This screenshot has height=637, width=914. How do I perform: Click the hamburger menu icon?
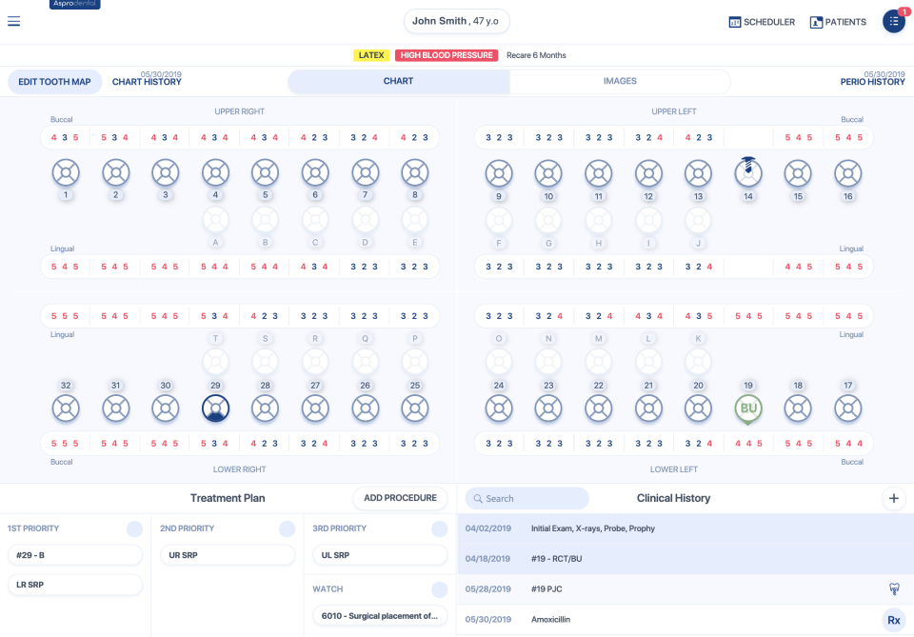pyautogui.click(x=13, y=21)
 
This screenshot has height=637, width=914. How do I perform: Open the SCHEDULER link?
pyautogui.click(x=762, y=22)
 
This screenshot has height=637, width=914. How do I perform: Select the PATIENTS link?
pyautogui.click(x=838, y=22)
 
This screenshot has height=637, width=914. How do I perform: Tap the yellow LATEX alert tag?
pyautogui.click(x=371, y=55)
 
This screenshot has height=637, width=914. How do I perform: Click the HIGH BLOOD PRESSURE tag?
pyautogui.click(x=447, y=55)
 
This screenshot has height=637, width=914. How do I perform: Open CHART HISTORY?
pyautogui.click(x=147, y=82)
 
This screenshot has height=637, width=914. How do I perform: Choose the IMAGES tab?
pyautogui.click(x=620, y=81)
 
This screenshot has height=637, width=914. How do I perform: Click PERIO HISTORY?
pyautogui.click(x=872, y=82)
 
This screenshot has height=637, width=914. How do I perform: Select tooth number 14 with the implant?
pyautogui.click(x=748, y=172)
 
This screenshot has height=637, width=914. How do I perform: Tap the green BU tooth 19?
pyautogui.click(x=748, y=408)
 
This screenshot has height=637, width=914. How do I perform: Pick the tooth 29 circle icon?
pyautogui.click(x=215, y=408)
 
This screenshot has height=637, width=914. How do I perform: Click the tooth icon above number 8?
pyautogui.click(x=414, y=172)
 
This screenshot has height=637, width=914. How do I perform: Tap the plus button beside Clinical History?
pyautogui.click(x=893, y=498)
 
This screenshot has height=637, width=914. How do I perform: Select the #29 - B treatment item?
pyautogui.click(x=75, y=554)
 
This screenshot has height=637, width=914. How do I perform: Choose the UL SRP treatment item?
pyautogui.click(x=380, y=554)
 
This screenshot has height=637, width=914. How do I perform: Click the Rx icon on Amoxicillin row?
pyautogui.click(x=893, y=620)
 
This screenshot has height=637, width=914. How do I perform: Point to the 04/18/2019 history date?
pyautogui.click(x=487, y=559)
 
